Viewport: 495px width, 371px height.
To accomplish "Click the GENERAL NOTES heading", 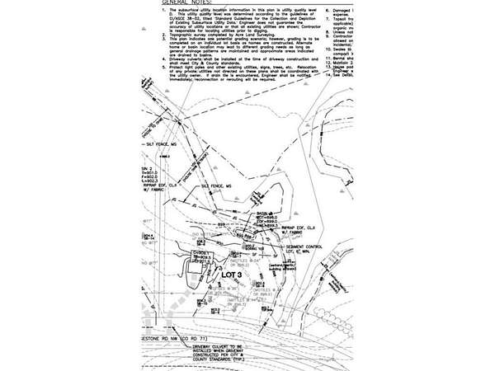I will click(x=175, y=2).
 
